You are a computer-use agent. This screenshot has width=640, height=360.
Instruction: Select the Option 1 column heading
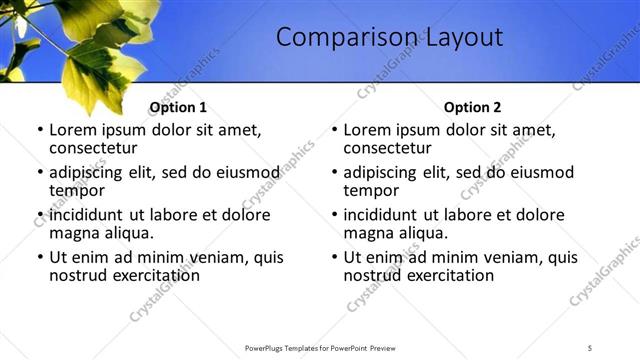[x=178, y=107]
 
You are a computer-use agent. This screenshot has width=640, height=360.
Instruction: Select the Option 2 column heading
[x=472, y=107]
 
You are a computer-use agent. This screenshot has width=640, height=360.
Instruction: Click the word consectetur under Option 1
[x=92, y=148]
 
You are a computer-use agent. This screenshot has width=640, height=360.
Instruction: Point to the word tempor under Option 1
[x=77, y=190]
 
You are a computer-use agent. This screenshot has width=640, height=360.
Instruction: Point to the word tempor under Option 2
[x=371, y=190]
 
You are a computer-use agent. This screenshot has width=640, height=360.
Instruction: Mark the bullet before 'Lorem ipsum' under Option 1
[x=39, y=131]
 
